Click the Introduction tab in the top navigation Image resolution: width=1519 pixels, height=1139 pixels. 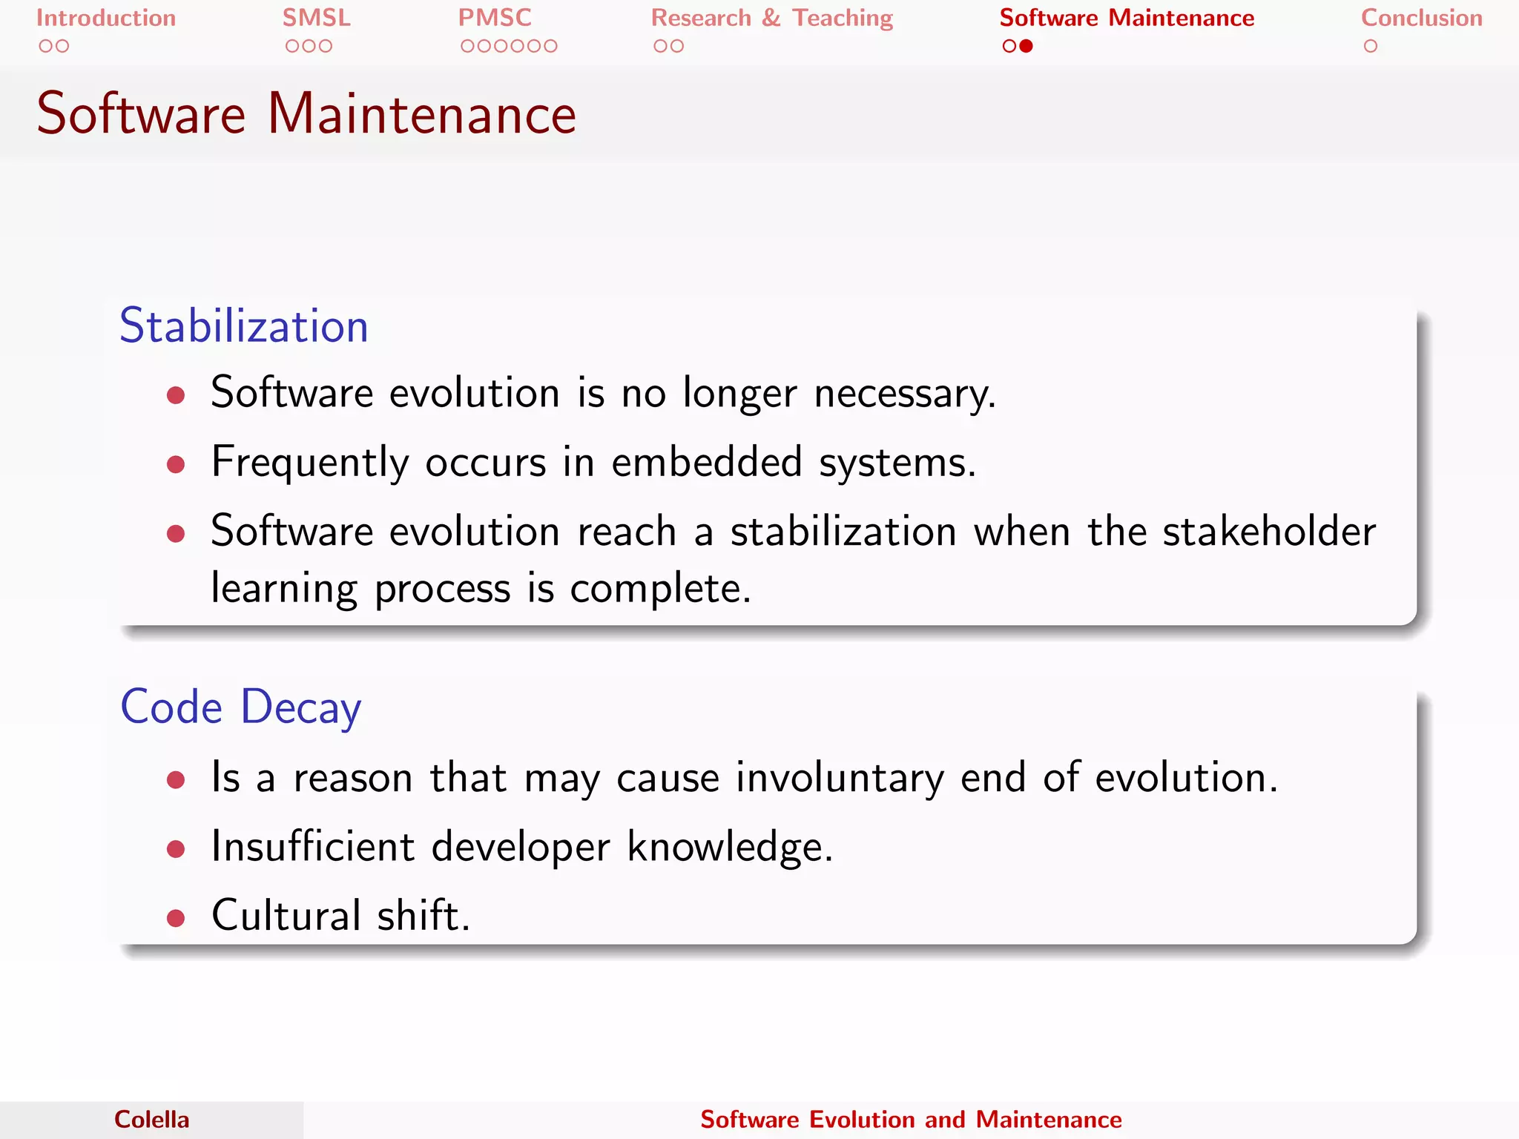pos(106,18)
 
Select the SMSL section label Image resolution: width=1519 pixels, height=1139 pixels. pos(316,18)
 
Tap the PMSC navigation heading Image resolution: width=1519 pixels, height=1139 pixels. pos(495,18)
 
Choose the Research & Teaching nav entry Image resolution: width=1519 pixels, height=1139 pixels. pos(771,18)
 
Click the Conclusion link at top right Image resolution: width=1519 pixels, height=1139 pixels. pos(1421,18)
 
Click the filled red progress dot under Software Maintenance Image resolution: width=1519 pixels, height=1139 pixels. pos(1027,46)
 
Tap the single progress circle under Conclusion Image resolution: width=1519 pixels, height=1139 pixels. pos(1370,46)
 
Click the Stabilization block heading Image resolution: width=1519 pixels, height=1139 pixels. pos(244,326)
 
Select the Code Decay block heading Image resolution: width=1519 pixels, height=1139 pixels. pos(241,707)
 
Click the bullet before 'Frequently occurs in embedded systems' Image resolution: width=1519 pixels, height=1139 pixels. pos(176,465)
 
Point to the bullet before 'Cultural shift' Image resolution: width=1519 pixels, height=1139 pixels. pos(176,919)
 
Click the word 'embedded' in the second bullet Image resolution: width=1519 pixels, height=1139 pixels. pos(707,462)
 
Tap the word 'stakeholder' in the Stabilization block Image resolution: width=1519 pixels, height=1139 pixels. pos(1268,532)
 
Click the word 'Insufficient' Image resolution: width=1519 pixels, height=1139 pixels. pos(312,846)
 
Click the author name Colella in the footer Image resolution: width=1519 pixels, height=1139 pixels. pos(151,1120)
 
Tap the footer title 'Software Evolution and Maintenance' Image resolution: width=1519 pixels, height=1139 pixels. pos(911,1120)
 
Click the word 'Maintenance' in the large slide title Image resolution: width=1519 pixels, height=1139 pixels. pos(421,114)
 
